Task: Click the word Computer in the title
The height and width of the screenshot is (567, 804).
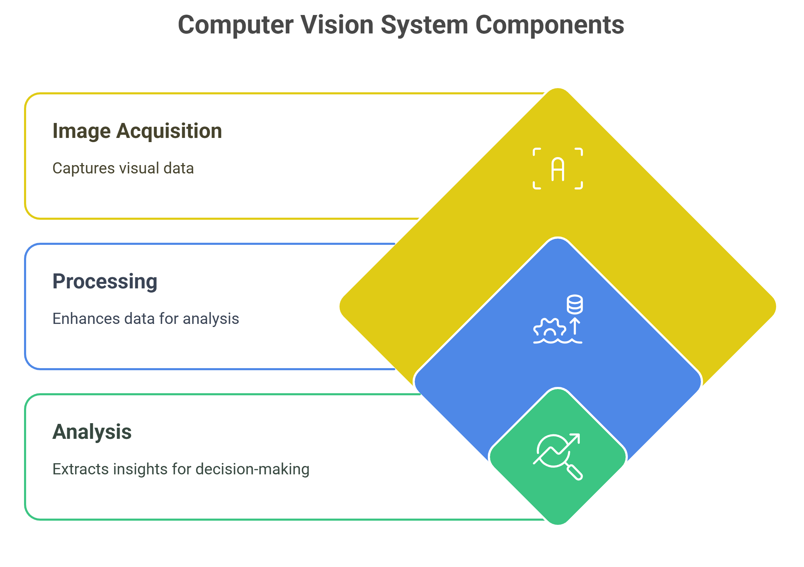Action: pyautogui.click(x=236, y=25)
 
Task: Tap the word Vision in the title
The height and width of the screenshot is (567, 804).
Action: pyautogui.click(x=337, y=25)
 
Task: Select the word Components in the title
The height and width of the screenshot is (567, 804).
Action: pyautogui.click(x=549, y=25)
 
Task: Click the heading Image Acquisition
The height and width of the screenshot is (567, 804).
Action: pyautogui.click(x=137, y=131)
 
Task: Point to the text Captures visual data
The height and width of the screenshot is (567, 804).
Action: pyautogui.click(x=123, y=169)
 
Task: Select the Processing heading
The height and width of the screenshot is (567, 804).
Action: pyautogui.click(x=105, y=281)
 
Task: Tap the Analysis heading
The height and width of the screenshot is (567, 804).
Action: pyautogui.click(x=92, y=432)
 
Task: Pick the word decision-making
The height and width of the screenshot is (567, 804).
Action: pyautogui.click(x=252, y=469)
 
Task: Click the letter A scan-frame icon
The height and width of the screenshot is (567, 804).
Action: pyautogui.click(x=558, y=169)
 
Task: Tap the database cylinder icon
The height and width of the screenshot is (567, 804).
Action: pyautogui.click(x=575, y=304)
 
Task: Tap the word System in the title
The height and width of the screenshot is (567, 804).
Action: pyautogui.click(x=424, y=25)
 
